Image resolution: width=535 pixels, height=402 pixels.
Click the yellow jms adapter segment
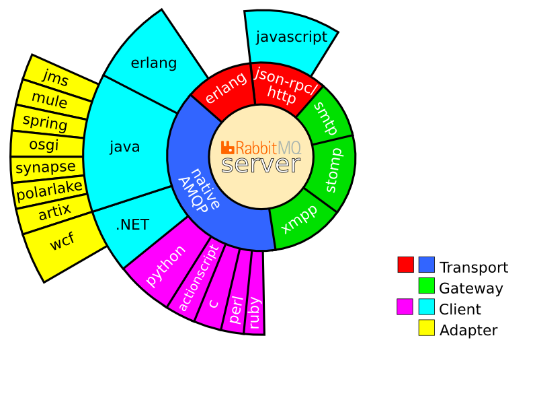pos(55,77)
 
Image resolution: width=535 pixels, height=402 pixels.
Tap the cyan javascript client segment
pos(291,37)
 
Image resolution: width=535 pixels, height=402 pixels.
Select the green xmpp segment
pos(300,220)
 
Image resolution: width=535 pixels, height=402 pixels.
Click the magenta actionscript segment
pos(198,279)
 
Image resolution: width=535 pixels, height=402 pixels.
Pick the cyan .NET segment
pos(132,225)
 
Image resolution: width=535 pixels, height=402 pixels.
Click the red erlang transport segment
pos(222,88)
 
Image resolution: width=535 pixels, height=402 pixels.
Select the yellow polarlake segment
pos(48,191)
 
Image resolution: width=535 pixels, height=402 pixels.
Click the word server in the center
pos(260,164)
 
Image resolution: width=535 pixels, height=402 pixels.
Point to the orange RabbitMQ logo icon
pos(227,146)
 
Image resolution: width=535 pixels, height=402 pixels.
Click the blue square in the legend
pos(426,265)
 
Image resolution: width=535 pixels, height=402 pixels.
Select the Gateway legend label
pos(470,289)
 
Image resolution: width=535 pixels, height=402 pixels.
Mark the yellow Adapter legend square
pos(426,328)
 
